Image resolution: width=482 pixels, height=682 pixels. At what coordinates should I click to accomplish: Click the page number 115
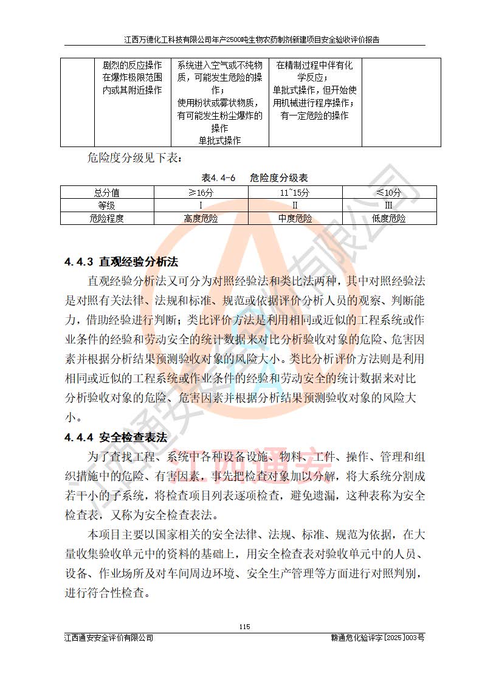(244, 627)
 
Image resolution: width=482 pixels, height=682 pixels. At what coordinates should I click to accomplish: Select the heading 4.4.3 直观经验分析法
(121, 262)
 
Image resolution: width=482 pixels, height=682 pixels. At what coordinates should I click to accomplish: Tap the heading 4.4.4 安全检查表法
(115, 437)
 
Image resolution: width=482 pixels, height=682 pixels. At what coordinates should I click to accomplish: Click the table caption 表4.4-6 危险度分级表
(255, 178)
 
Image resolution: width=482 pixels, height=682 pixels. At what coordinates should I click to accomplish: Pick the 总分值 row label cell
(107, 193)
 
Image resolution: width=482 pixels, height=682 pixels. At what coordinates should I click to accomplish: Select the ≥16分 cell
(201, 193)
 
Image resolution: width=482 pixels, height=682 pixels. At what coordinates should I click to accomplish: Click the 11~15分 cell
(295, 193)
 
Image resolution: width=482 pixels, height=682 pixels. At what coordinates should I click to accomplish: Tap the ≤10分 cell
(388, 193)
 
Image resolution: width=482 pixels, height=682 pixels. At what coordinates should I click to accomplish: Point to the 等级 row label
(107, 205)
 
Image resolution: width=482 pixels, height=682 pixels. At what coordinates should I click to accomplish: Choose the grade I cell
(201, 205)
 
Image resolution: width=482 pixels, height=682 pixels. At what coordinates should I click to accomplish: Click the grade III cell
(388, 205)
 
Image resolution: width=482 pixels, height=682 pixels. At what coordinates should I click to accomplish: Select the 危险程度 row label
(107, 218)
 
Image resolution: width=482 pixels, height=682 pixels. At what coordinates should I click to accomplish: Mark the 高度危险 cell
(201, 218)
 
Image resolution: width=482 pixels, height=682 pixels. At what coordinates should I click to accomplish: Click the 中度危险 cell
(295, 218)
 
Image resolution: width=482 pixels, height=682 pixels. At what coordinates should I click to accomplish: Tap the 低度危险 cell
(388, 218)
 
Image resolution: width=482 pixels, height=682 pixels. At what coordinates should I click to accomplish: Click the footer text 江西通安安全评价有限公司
(109, 638)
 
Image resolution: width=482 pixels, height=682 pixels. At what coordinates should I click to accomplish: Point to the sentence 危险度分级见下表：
(134, 159)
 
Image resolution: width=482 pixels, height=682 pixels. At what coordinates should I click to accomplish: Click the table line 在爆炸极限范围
(132, 77)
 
